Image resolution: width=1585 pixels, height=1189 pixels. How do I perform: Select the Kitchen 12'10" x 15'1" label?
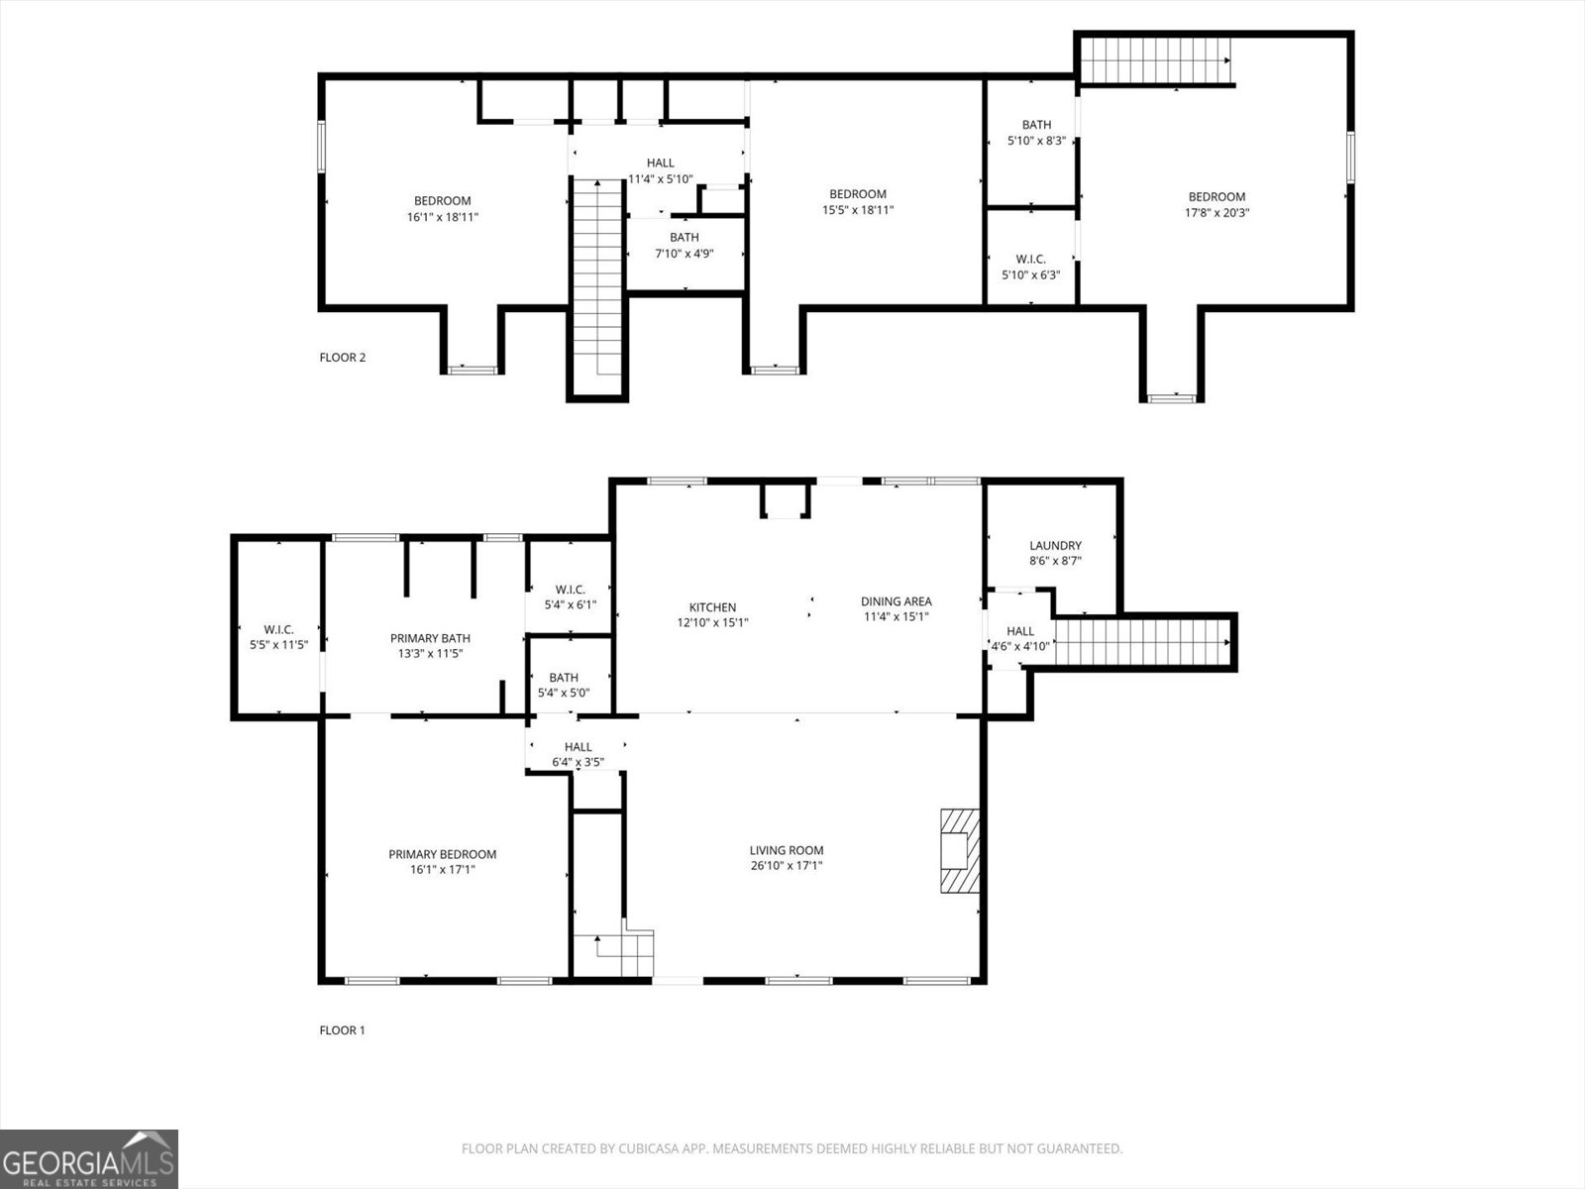click(x=712, y=615)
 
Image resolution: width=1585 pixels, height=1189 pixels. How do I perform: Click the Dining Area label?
click(x=896, y=601)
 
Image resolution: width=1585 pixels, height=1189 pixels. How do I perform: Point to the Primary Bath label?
click(x=430, y=639)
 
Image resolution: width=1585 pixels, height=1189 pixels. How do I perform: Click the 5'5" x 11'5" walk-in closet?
click(x=278, y=636)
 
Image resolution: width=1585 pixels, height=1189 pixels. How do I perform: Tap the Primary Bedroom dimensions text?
click(x=442, y=870)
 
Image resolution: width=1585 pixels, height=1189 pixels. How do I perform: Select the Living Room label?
click(x=786, y=850)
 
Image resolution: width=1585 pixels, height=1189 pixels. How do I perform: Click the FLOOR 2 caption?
click(x=343, y=358)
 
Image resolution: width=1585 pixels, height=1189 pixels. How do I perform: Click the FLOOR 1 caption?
click(x=343, y=1030)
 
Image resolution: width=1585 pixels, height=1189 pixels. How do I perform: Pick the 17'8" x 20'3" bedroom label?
click(x=1216, y=204)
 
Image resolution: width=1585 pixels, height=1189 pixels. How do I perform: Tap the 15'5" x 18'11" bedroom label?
click(x=857, y=202)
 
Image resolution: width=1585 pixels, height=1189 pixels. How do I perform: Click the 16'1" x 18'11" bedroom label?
click(x=442, y=208)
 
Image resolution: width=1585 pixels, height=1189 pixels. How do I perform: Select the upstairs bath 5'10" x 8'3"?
click(x=1036, y=133)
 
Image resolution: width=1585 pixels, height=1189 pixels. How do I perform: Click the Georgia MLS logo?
click(x=89, y=1159)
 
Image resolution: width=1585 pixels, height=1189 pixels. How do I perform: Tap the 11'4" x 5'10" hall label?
click(x=660, y=171)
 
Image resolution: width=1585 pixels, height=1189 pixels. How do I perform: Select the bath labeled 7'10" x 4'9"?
click(x=684, y=245)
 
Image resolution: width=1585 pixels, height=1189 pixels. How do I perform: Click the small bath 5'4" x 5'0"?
click(x=564, y=685)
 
